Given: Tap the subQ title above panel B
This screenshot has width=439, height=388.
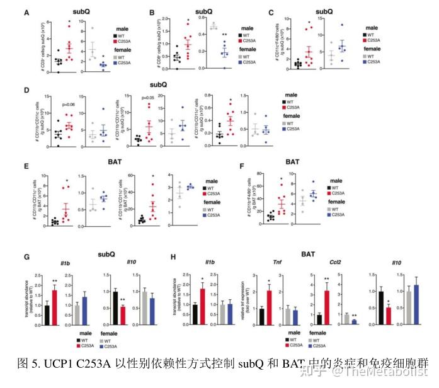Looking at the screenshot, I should pyautogui.click(x=202, y=11).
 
